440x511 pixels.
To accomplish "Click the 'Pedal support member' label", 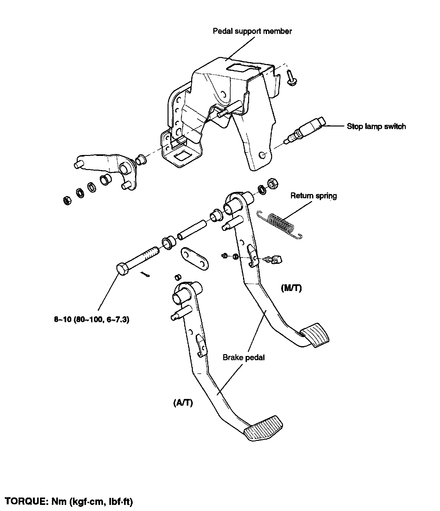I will point(252,31).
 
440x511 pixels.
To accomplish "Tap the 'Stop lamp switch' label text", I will point(376,126).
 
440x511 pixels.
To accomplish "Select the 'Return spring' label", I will point(313,196).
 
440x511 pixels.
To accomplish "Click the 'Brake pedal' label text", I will point(244,357).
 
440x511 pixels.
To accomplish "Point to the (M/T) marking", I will point(291,288).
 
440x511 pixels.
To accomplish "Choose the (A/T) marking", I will point(183,403).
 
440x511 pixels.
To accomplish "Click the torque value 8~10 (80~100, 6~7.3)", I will point(91,320).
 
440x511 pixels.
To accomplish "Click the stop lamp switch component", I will point(307,129).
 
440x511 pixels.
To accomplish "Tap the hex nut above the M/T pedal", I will point(272,183).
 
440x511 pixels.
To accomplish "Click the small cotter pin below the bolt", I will point(145,274).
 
